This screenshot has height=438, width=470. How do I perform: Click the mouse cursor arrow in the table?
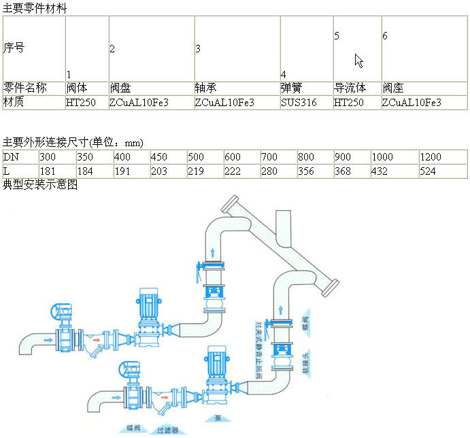[x=358, y=61]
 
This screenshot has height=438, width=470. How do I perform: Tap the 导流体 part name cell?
[x=350, y=88]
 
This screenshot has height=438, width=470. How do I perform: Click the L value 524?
[x=428, y=171]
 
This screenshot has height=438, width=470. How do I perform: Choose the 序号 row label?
[x=14, y=48]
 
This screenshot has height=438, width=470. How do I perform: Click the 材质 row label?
[x=14, y=103]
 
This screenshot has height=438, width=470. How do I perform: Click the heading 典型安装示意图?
[x=40, y=184]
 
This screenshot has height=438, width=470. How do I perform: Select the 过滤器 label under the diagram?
[x=167, y=430]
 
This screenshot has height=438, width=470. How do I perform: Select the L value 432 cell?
[x=380, y=171]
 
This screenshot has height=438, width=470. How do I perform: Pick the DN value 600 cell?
[x=233, y=157]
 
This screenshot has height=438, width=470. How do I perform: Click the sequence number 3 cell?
[x=198, y=48]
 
